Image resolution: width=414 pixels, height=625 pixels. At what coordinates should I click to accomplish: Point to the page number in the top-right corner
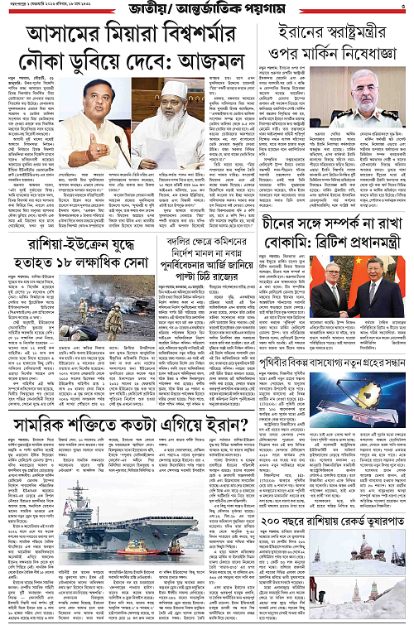pos(405,8)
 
